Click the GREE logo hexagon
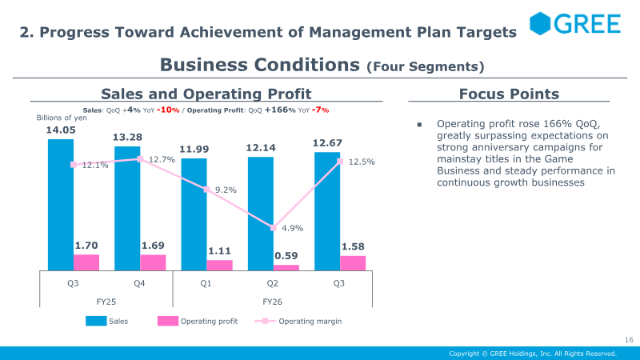[x=540, y=23]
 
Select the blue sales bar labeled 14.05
[x=61, y=205]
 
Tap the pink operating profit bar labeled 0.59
[x=286, y=268]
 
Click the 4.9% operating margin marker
[x=274, y=228]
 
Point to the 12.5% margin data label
[x=362, y=162]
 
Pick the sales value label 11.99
[x=194, y=150]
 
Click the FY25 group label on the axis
[x=106, y=302]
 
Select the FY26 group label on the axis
[x=272, y=302]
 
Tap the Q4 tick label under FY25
[x=139, y=283]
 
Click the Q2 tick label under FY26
[x=272, y=283]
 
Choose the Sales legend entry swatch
[x=96, y=322]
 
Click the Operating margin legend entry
[x=298, y=322]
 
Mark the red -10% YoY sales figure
[x=168, y=110]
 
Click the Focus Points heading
[x=509, y=94]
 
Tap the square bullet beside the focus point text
[x=419, y=125]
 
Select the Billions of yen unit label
[x=62, y=118]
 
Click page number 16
[x=629, y=339]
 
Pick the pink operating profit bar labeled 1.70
[x=86, y=262]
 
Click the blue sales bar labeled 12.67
[x=327, y=211]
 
